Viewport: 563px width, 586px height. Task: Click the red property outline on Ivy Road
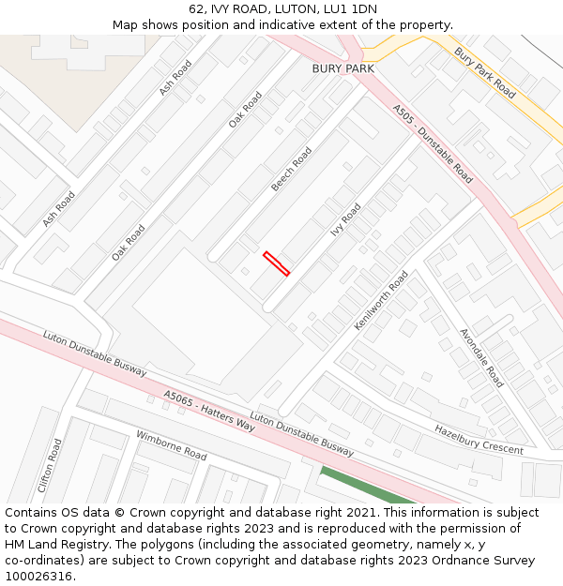click(276, 263)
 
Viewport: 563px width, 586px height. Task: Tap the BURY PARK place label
click(343, 68)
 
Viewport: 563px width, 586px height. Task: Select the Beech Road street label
click(291, 170)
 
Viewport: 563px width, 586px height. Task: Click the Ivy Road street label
click(345, 219)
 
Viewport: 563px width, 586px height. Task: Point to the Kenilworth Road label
click(381, 300)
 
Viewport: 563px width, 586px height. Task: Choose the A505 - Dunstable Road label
click(434, 143)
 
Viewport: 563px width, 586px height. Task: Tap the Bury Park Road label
click(484, 73)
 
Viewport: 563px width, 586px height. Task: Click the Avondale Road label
click(481, 358)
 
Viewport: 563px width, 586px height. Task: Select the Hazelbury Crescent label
click(479, 439)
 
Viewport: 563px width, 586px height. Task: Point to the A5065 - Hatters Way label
click(209, 411)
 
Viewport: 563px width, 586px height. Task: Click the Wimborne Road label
click(172, 445)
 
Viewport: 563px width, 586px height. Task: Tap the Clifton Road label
click(50, 466)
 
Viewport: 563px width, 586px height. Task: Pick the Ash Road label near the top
click(175, 78)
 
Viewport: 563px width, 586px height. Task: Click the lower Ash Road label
click(58, 209)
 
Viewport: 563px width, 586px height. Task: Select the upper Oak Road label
click(246, 110)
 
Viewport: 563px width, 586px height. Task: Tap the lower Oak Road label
click(129, 242)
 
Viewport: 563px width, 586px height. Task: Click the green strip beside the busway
click(366, 486)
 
